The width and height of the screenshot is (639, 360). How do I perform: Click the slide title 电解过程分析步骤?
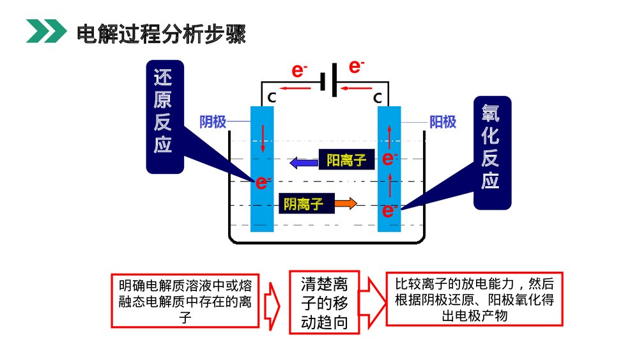(x=160, y=33)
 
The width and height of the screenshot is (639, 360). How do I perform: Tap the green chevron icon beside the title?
(x=45, y=32)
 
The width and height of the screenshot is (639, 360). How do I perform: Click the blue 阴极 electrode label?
(x=213, y=121)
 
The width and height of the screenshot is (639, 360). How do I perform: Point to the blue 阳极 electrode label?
(x=442, y=121)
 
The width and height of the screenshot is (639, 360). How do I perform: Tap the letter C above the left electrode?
(x=272, y=98)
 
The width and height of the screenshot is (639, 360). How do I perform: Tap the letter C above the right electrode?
(x=378, y=98)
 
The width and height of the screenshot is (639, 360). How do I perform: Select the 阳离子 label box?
(x=346, y=160)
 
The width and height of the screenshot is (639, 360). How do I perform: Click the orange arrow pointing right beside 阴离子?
(x=346, y=204)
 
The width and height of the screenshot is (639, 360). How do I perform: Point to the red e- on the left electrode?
(x=262, y=183)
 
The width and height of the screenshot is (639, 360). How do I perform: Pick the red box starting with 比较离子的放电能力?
(x=474, y=299)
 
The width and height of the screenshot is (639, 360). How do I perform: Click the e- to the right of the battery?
(x=357, y=66)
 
